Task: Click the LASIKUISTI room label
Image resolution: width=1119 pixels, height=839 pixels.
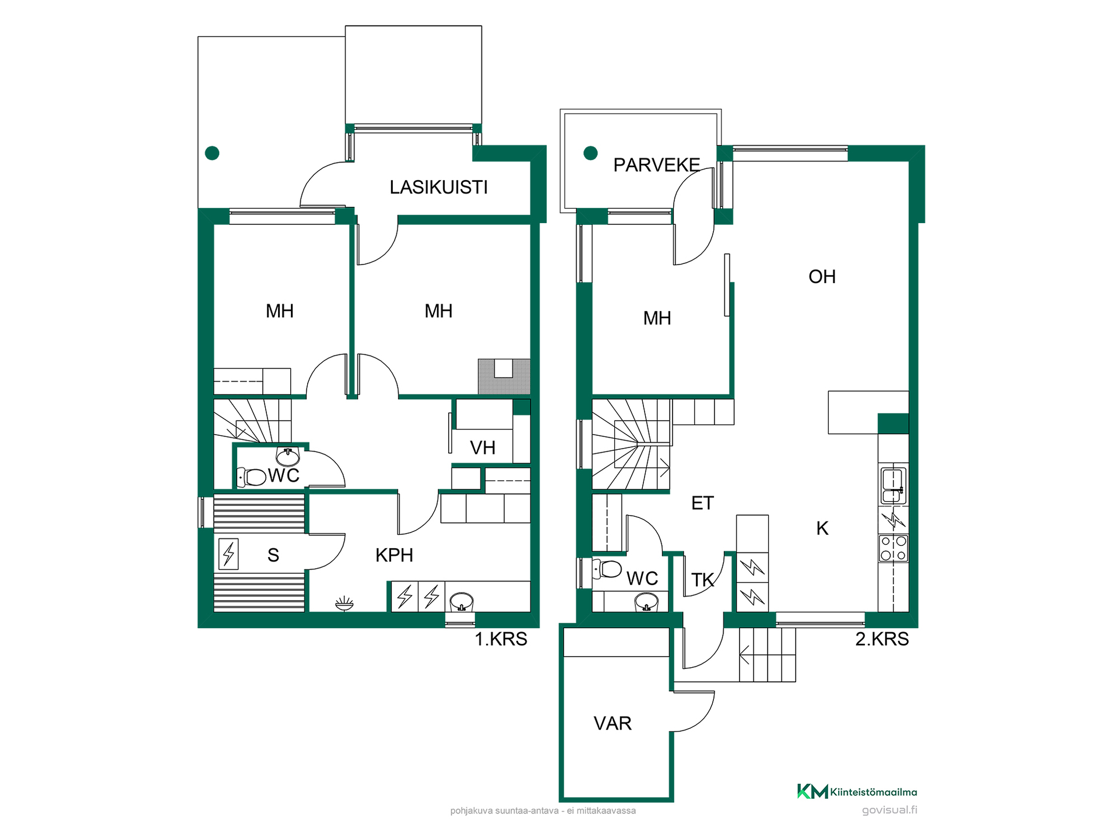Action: pyautogui.click(x=438, y=187)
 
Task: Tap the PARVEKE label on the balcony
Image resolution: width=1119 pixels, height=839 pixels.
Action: pyautogui.click(x=657, y=165)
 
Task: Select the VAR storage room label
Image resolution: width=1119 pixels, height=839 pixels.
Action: pyautogui.click(x=613, y=723)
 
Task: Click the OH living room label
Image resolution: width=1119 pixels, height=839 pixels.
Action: pyautogui.click(x=822, y=276)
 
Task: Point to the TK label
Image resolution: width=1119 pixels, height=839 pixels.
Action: pyautogui.click(x=702, y=580)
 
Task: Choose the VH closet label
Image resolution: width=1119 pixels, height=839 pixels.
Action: pyautogui.click(x=483, y=447)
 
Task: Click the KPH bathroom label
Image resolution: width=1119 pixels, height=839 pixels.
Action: pyautogui.click(x=394, y=555)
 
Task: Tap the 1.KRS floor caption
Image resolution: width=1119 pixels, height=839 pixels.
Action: pyautogui.click(x=501, y=639)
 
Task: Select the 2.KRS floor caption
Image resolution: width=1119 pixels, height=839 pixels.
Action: pyautogui.click(x=882, y=639)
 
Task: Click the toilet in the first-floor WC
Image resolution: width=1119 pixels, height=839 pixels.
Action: pyautogui.click(x=251, y=477)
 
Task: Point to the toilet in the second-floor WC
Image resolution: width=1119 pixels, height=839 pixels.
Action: pyautogui.click(x=607, y=569)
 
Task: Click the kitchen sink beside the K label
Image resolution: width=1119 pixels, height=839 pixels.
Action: pyautogui.click(x=893, y=485)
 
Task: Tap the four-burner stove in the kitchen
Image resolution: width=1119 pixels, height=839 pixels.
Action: pyautogui.click(x=893, y=548)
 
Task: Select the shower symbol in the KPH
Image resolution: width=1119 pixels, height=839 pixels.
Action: pyautogui.click(x=344, y=603)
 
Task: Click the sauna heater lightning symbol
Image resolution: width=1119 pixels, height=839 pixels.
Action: pyautogui.click(x=228, y=554)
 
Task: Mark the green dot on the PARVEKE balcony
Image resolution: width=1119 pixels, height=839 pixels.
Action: pyautogui.click(x=590, y=153)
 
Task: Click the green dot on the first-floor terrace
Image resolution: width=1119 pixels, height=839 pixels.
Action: pyautogui.click(x=212, y=153)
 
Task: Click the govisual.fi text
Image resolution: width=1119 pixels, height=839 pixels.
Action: pyautogui.click(x=889, y=810)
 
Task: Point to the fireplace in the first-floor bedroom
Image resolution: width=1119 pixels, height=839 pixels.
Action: pyautogui.click(x=504, y=376)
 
